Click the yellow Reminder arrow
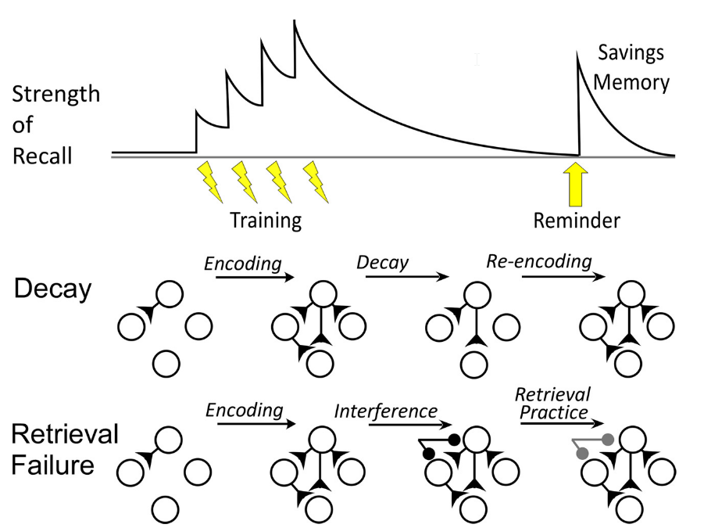(x=575, y=185)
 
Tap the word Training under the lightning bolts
(x=266, y=221)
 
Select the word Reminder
(x=577, y=220)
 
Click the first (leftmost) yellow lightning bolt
(x=209, y=181)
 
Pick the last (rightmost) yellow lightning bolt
(x=316, y=181)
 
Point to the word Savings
(x=631, y=53)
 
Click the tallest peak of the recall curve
(x=295, y=20)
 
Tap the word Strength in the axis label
(x=55, y=95)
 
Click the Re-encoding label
(x=539, y=261)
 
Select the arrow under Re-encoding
(x=563, y=276)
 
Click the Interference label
(x=386, y=411)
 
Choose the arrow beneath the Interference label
(x=411, y=424)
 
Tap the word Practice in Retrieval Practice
(x=554, y=412)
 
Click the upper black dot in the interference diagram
(x=454, y=440)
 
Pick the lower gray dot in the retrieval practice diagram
(x=582, y=454)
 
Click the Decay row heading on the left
(x=52, y=289)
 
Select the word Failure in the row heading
(x=52, y=465)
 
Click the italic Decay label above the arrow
(x=383, y=262)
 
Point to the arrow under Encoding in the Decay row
(x=255, y=277)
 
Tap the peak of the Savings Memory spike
(x=577, y=52)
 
